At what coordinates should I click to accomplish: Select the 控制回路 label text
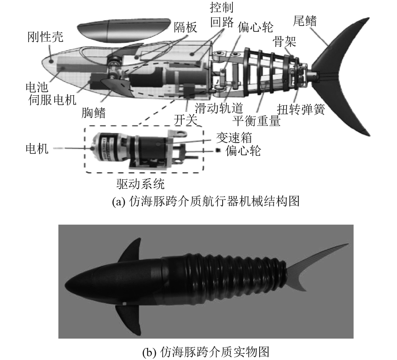221,15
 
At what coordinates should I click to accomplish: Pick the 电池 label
35,87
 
